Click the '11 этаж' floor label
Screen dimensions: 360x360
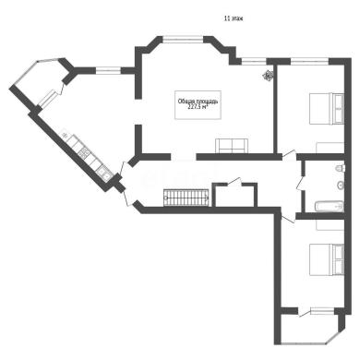coord(234,18)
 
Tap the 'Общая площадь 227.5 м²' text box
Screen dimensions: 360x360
coord(198,104)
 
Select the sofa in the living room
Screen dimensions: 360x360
coord(232,146)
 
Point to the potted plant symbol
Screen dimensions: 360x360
coord(268,75)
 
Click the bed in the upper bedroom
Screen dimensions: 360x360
coord(327,109)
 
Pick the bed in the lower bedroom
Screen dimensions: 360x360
coord(327,258)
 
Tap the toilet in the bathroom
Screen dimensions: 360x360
coord(340,168)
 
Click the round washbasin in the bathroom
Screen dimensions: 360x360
coord(341,185)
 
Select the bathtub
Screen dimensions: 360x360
coord(329,206)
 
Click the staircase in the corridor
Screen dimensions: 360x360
coord(187,198)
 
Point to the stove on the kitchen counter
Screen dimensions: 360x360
coord(84,152)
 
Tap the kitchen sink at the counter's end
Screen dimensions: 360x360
coord(105,175)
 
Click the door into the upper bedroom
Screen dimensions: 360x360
coord(289,155)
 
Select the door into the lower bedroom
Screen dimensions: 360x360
coord(288,218)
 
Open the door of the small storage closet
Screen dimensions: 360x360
coord(234,182)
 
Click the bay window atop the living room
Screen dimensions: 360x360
coord(183,39)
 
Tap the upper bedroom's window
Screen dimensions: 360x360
coord(309,61)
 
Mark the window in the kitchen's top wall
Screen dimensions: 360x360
coord(108,70)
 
